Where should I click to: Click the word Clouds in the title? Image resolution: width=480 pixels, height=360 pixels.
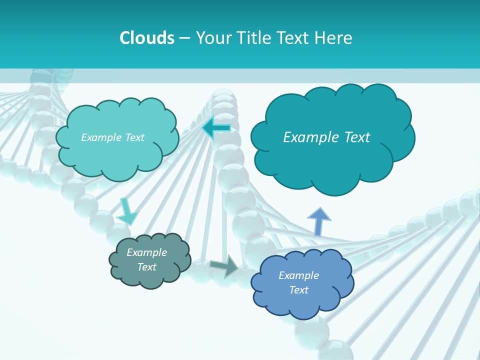click(147, 38)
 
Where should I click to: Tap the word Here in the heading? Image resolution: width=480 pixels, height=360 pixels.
click(334, 38)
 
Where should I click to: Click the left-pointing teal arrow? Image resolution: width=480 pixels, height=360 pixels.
click(216, 128)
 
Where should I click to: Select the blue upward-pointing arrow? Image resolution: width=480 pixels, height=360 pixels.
click(318, 221)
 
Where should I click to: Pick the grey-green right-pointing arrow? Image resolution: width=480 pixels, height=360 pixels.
click(224, 266)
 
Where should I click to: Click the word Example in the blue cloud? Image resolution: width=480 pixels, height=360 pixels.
click(298, 275)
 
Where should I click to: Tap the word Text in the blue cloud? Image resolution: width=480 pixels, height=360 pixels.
click(298, 290)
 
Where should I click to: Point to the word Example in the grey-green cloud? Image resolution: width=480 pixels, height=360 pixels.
click(146, 252)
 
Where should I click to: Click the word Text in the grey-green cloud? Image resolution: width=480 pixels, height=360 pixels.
click(146, 267)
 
